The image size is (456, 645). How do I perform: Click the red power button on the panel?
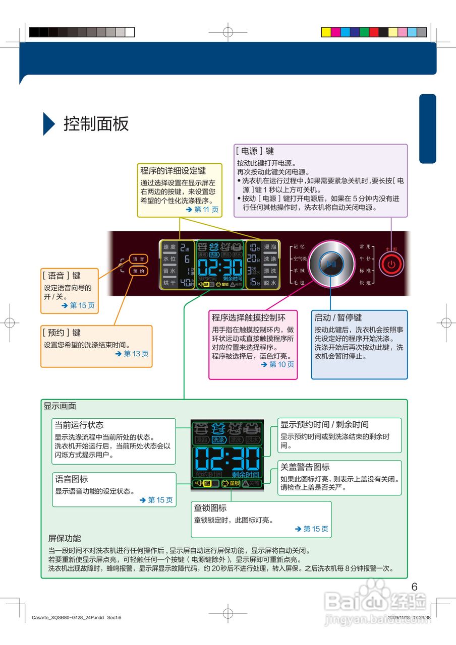[392, 264]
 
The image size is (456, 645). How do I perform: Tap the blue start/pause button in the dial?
[330, 264]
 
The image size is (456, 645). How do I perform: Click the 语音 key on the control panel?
[139, 259]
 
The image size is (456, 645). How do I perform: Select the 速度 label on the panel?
[169, 247]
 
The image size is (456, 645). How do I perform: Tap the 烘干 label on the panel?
[169, 283]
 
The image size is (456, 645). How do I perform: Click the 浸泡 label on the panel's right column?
[270, 247]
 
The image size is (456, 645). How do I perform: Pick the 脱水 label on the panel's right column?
[270, 283]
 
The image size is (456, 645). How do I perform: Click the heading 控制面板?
[96, 123]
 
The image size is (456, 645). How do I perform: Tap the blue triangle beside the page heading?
[48, 123]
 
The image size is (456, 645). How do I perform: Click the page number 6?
[415, 587]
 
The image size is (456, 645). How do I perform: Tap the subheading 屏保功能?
[65, 538]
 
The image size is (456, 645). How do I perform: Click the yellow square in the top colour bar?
[326, 32]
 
